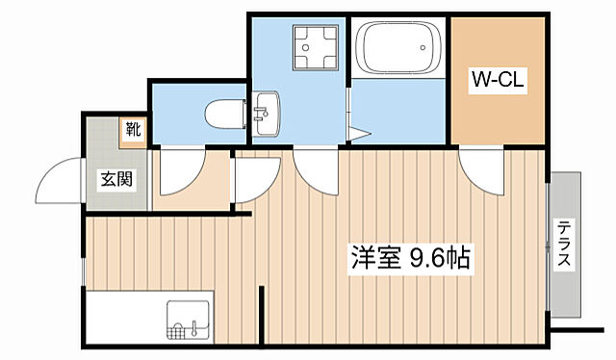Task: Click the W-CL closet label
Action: click(x=497, y=81)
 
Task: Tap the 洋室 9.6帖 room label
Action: click(x=410, y=258)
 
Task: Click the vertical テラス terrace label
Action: click(x=564, y=245)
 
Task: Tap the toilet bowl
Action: click(x=223, y=115)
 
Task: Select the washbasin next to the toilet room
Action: click(x=267, y=115)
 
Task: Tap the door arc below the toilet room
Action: click(x=178, y=169)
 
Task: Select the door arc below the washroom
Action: click(x=314, y=167)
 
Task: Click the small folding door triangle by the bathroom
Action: click(x=360, y=134)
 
